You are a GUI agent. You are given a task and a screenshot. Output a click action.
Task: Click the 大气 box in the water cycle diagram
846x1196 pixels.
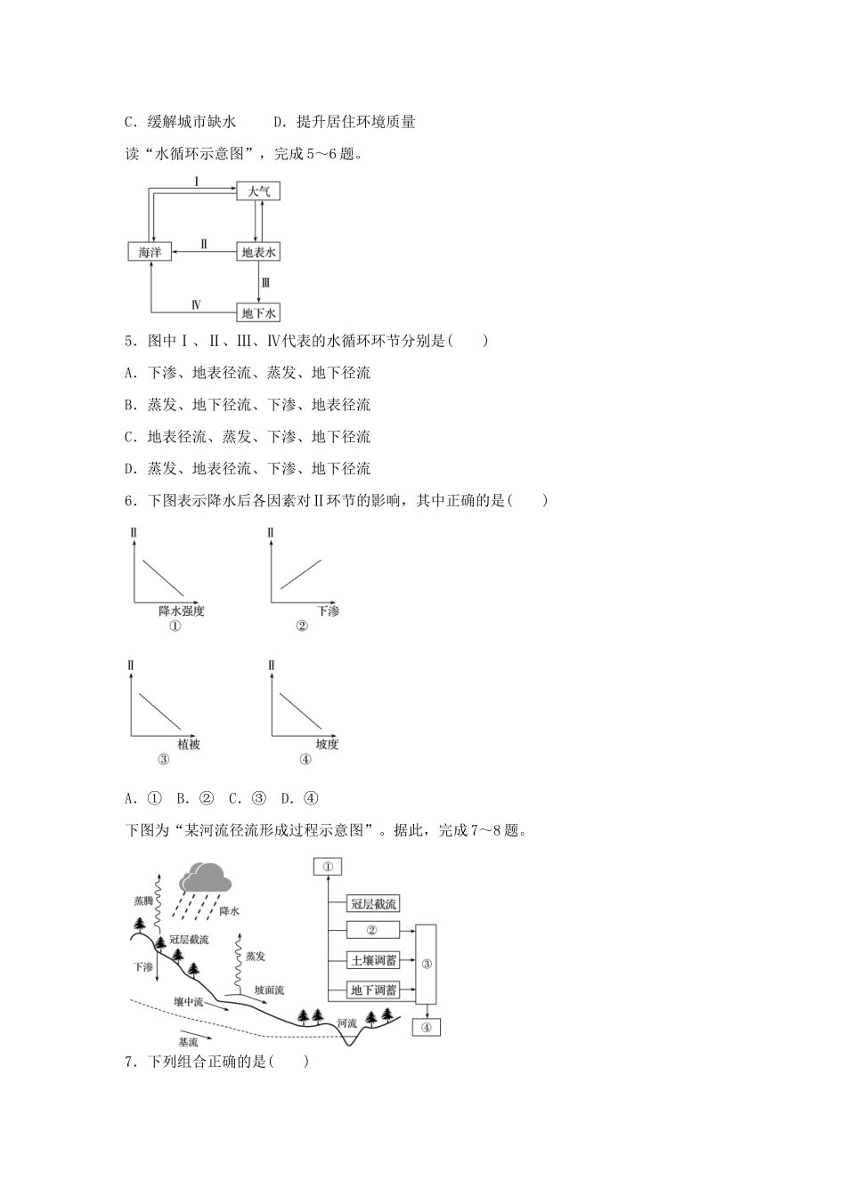point(258,190)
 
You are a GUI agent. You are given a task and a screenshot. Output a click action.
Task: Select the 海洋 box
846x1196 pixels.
point(150,252)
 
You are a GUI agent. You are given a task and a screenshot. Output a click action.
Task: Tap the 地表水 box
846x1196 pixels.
point(259,252)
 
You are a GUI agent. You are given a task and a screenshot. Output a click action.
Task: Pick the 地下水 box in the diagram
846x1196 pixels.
point(259,312)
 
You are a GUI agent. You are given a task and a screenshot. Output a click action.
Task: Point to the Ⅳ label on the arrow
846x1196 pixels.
point(196,304)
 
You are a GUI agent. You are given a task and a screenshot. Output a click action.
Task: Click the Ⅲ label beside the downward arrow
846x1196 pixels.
point(265,283)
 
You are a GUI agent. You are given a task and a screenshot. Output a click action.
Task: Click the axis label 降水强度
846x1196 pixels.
point(182,611)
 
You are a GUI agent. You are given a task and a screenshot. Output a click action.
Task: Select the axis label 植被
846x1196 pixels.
point(189,744)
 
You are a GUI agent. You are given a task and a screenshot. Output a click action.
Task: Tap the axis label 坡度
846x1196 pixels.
point(327,744)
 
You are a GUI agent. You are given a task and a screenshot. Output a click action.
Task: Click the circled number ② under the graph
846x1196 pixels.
point(301,626)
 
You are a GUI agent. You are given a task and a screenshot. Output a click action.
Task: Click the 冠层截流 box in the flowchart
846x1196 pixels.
point(372,904)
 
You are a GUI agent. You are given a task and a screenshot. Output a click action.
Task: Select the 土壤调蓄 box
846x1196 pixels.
point(372,961)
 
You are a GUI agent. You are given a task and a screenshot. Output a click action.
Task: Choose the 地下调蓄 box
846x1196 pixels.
point(372,990)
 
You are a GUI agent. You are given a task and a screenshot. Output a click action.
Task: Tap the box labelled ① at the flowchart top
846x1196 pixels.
point(327,866)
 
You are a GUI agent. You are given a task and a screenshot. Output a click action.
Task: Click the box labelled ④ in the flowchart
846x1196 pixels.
point(426,1027)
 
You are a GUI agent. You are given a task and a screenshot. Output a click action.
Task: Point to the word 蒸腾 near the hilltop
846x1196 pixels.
point(143,901)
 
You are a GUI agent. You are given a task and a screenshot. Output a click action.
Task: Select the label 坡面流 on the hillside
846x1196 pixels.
point(269,990)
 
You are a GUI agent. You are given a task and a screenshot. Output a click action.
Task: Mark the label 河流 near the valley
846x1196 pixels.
point(347,1023)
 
